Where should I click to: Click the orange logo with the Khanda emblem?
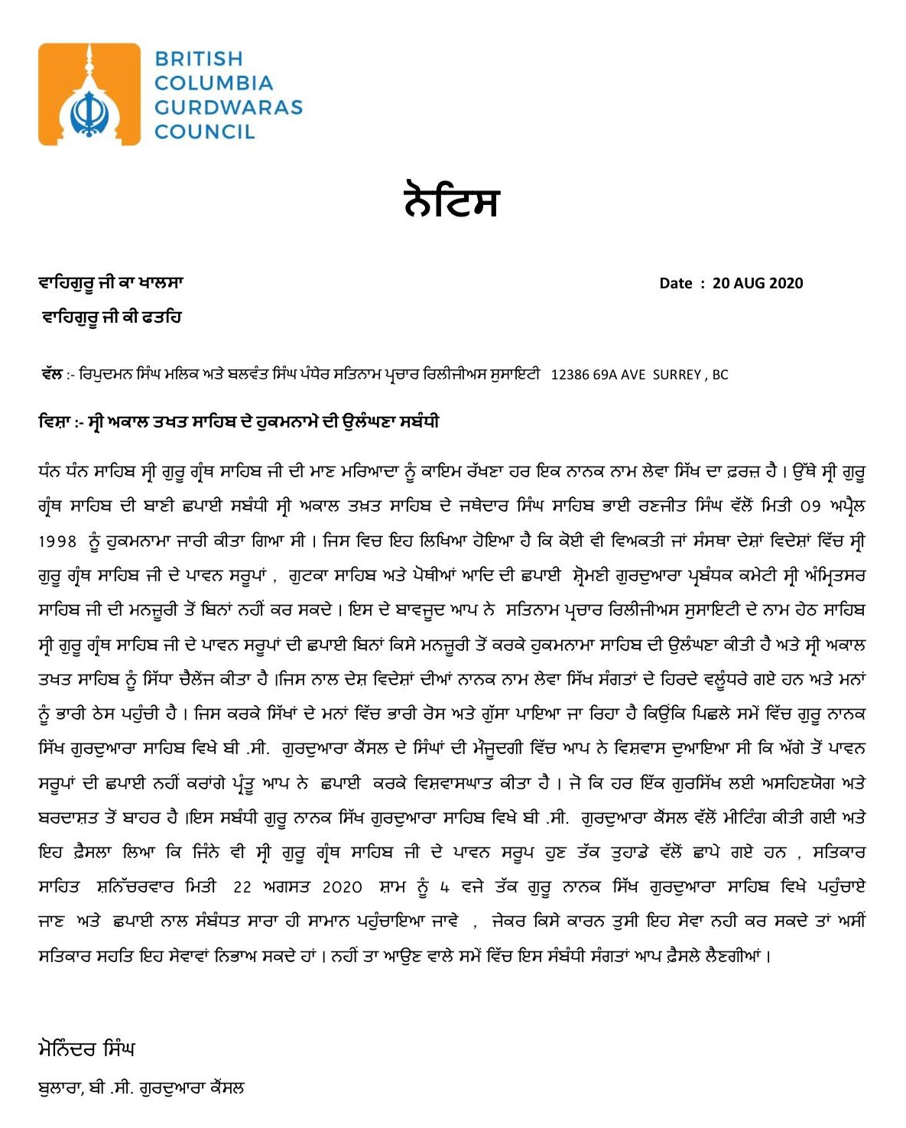click(x=89, y=94)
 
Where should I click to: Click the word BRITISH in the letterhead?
click(x=198, y=59)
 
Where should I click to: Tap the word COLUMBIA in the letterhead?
click(x=213, y=83)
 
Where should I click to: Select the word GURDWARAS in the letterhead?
click(x=228, y=107)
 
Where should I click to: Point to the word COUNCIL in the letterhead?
click(x=204, y=132)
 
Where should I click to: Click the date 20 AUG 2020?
click(x=758, y=283)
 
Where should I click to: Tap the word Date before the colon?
click(x=675, y=283)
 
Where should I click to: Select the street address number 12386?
click(x=570, y=375)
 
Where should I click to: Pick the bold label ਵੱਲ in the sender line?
click(x=51, y=374)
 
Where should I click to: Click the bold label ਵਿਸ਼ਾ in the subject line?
click(x=54, y=422)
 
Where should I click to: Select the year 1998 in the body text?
click(x=57, y=541)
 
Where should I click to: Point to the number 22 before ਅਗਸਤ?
click(x=242, y=887)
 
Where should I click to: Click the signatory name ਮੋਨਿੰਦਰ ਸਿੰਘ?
click(x=86, y=1048)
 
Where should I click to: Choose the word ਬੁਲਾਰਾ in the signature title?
click(x=60, y=1087)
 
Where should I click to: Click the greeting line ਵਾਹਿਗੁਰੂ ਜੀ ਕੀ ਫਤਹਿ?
click(x=112, y=317)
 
